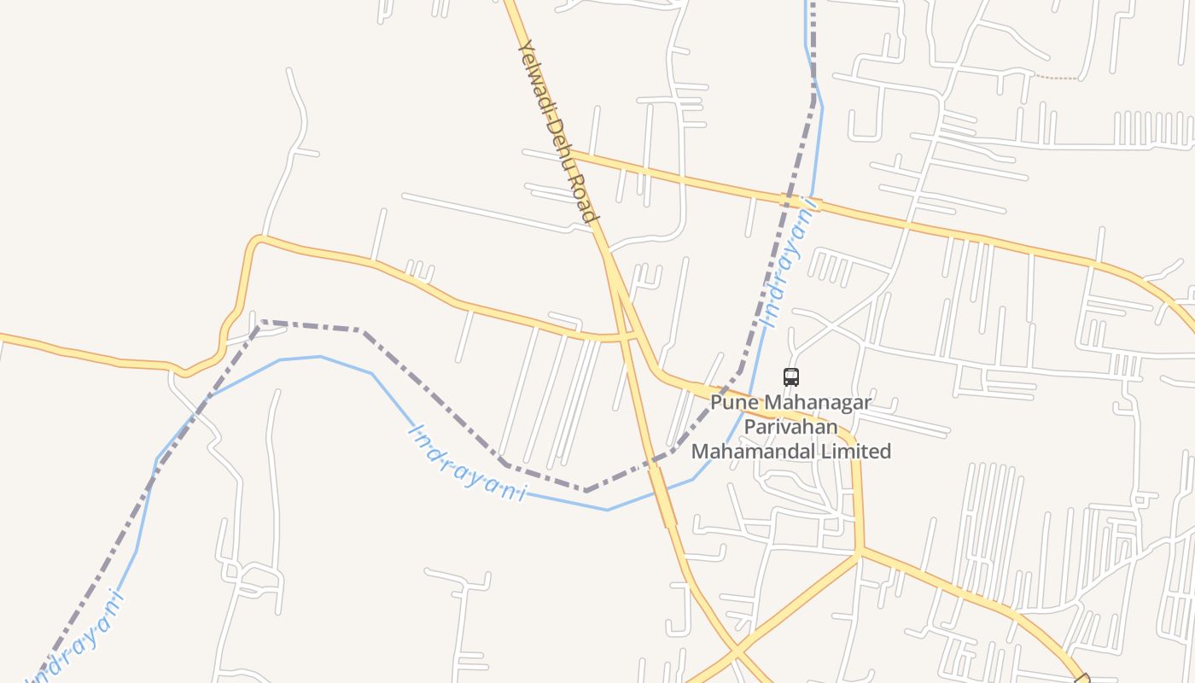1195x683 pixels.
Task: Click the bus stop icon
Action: (791, 377)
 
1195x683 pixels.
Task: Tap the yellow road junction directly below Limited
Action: (860, 552)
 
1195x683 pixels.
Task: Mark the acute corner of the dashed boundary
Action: (261, 322)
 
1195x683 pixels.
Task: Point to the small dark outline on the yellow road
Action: (1083, 677)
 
